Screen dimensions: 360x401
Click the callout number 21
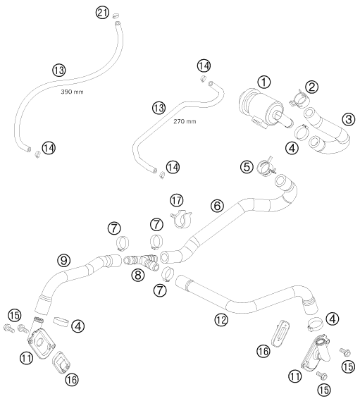(102, 13)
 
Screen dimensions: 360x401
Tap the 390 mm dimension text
(72, 92)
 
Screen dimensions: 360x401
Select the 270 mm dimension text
(185, 121)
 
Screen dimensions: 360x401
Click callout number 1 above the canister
(264, 82)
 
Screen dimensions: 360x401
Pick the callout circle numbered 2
(311, 87)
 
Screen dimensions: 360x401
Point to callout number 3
(349, 119)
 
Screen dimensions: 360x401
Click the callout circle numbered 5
(247, 167)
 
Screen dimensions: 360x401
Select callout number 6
(217, 206)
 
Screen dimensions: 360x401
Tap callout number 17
(177, 200)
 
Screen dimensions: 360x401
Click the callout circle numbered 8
(138, 275)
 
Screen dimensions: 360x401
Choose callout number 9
(63, 261)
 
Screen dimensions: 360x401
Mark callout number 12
(221, 319)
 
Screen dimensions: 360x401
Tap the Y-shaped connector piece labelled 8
(142, 261)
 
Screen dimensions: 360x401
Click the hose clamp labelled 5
(266, 168)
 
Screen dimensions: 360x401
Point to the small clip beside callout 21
(116, 16)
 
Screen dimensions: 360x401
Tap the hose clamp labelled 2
(297, 99)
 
